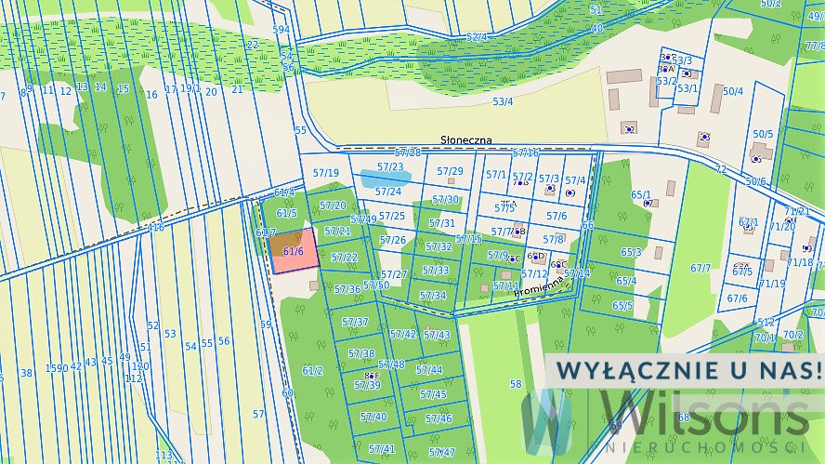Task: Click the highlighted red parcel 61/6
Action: [x=294, y=252]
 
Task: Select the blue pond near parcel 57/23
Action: [x=385, y=177]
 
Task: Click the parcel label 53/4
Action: [x=503, y=101]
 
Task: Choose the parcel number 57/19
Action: [x=325, y=173]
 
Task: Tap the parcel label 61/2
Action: [x=312, y=370]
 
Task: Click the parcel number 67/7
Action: [x=700, y=269]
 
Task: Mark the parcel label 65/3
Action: [x=631, y=252]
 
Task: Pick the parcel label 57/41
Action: [x=381, y=448]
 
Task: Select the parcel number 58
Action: [x=516, y=383]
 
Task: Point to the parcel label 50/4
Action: [x=733, y=91]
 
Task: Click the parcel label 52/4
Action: [x=476, y=37]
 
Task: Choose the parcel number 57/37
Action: [x=355, y=322]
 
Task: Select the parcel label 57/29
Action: [x=450, y=171]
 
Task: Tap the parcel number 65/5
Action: [x=622, y=305]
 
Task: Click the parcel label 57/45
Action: [x=433, y=394]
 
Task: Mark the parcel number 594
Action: [x=281, y=30]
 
